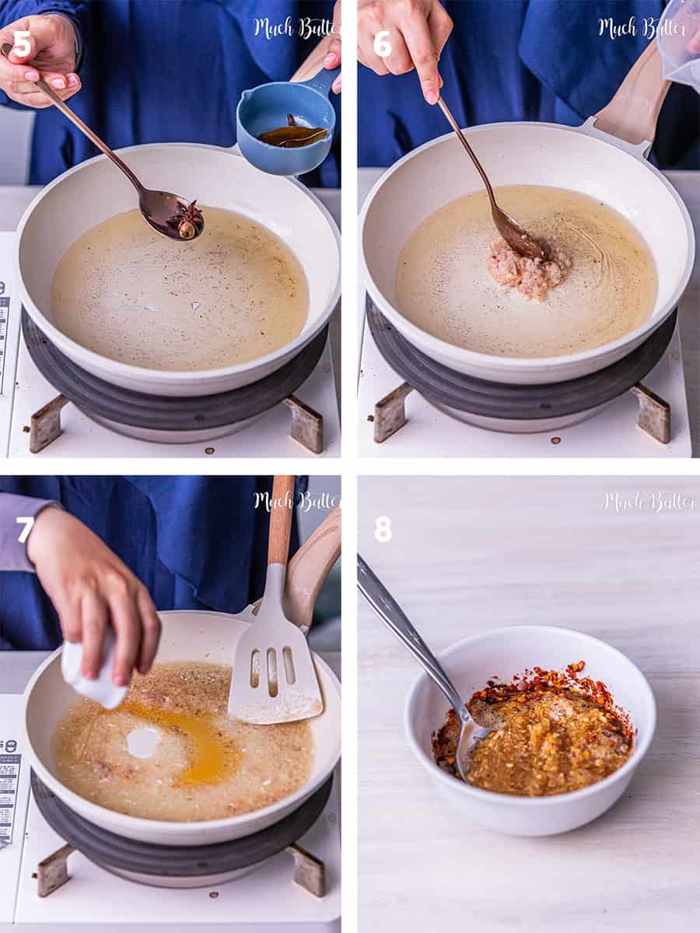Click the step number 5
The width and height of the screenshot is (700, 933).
(22, 44)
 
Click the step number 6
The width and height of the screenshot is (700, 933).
(382, 44)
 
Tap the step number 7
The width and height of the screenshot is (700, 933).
(25, 529)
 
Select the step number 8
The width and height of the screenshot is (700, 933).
(382, 529)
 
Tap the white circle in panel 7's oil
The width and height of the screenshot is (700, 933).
(142, 743)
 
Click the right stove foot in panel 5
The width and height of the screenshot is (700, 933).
(305, 423)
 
